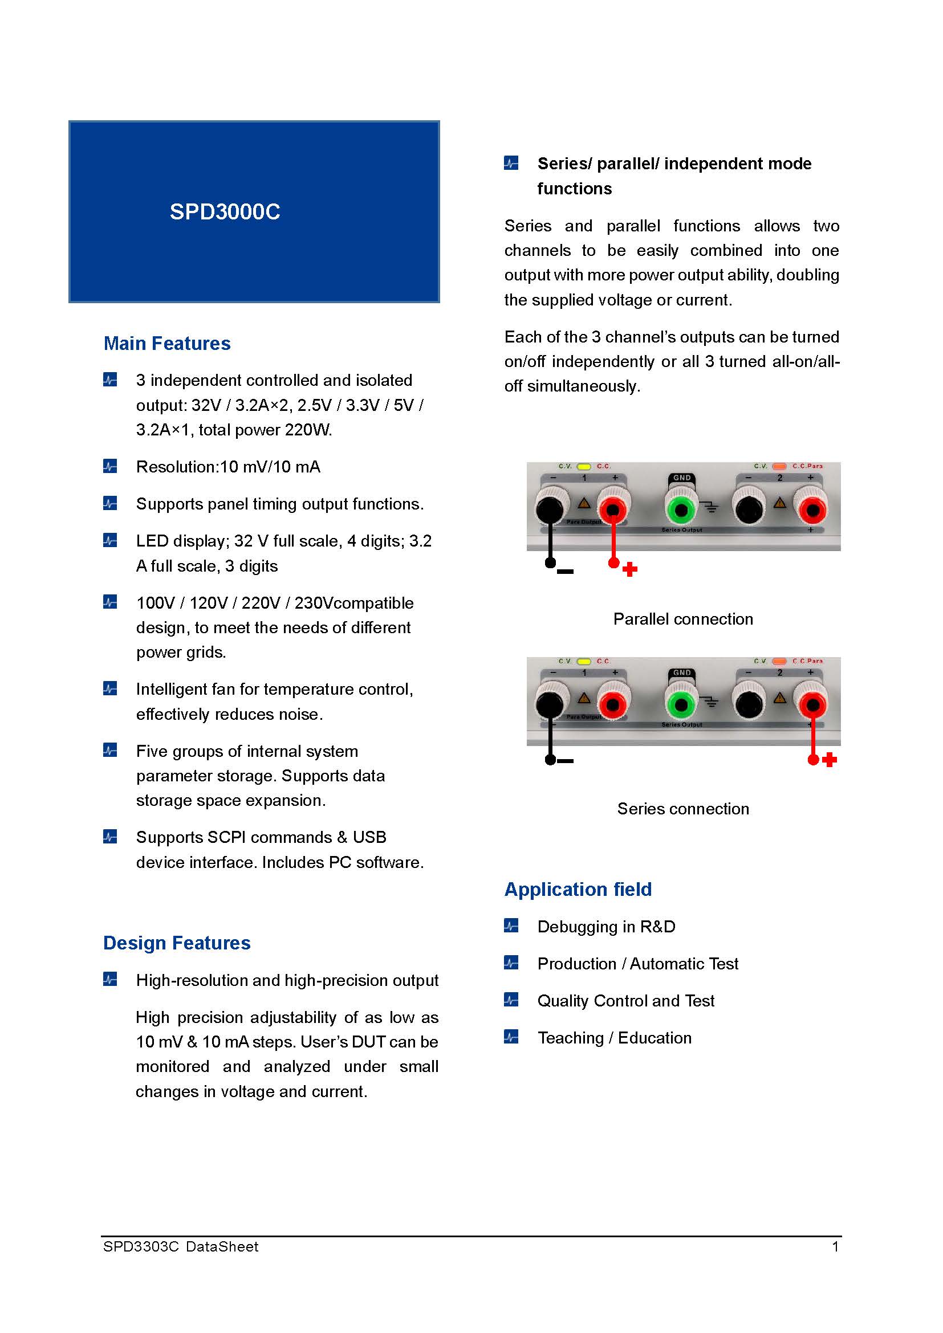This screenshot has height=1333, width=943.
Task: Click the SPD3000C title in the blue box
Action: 225,212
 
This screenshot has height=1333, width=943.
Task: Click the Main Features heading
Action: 166,344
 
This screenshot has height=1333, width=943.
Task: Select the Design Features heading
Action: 177,943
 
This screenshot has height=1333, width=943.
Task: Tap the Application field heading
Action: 578,890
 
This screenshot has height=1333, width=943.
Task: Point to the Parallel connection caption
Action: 683,619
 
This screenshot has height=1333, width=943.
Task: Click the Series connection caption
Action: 683,809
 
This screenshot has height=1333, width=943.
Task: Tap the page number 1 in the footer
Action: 835,1246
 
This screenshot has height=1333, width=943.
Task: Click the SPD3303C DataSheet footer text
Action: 181,1246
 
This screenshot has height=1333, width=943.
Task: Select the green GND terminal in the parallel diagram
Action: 681,510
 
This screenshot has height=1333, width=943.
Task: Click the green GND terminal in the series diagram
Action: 681,706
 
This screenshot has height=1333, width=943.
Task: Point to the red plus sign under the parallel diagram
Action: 630,569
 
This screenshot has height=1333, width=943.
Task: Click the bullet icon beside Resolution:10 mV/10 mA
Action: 109,466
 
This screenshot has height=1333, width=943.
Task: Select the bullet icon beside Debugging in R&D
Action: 511,926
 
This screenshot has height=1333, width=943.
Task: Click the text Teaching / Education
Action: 615,1037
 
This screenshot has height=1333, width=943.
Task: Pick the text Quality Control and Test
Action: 625,1001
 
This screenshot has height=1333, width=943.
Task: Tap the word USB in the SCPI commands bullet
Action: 369,837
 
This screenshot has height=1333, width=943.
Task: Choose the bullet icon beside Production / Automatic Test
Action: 511,963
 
